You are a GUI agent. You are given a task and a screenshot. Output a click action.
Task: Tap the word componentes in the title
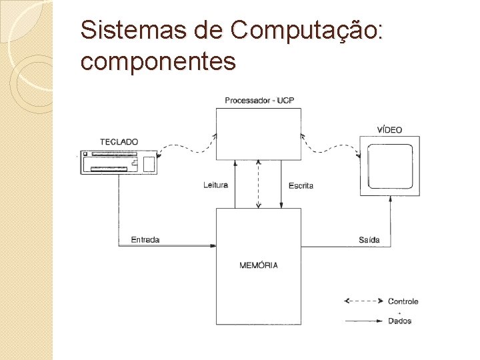pyautogui.click(x=158, y=61)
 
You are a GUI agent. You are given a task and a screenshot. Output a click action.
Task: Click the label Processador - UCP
pyautogui.click(x=259, y=101)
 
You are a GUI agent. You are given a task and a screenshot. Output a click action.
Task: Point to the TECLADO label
pyautogui.click(x=119, y=142)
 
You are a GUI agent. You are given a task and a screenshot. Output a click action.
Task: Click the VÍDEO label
pyautogui.click(x=389, y=130)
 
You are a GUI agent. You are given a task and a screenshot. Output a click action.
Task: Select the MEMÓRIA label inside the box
pyautogui.click(x=259, y=265)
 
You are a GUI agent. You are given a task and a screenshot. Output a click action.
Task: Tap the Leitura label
pyautogui.click(x=216, y=185)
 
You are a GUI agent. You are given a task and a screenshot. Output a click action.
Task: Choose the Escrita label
pyautogui.click(x=301, y=186)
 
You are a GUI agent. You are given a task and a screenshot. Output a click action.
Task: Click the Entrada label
pyautogui.click(x=145, y=240)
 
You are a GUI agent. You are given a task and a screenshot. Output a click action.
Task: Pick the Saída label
pyautogui.click(x=369, y=240)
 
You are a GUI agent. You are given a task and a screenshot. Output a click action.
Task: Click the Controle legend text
pyautogui.click(x=403, y=301)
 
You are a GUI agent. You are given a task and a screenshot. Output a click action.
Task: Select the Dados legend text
pyautogui.click(x=400, y=321)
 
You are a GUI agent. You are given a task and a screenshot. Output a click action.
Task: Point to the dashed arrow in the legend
pyautogui.click(x=363, y=301)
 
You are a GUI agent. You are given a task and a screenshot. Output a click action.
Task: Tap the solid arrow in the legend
pyautogui.click(x=363, y=321)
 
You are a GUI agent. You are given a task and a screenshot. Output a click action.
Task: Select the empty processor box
pyautogui.click(x=259, y=133)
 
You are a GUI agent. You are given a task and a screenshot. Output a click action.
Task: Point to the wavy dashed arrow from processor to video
pyautogui.click(x=330, y=148)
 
